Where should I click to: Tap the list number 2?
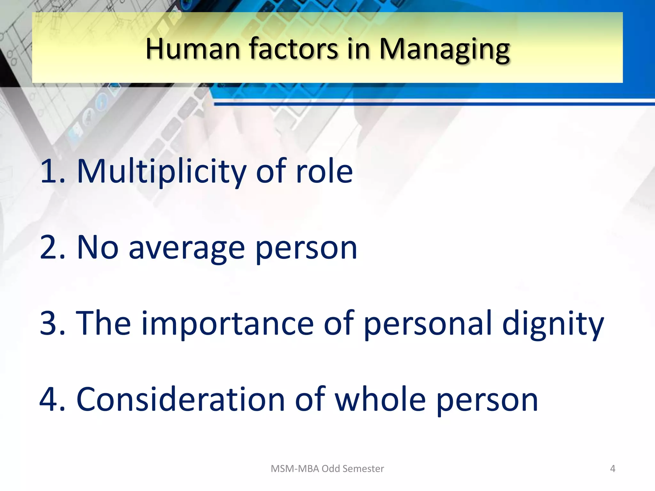click(51, 248)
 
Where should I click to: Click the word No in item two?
click(98, 248)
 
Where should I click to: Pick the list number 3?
click(51, 323)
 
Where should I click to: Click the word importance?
click(227, 324)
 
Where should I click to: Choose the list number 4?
click(51, 400)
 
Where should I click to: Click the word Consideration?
click(180, 400)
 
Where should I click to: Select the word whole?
click(380, 400)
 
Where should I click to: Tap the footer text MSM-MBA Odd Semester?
click(327, 469)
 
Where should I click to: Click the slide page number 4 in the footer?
click(612, 469)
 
